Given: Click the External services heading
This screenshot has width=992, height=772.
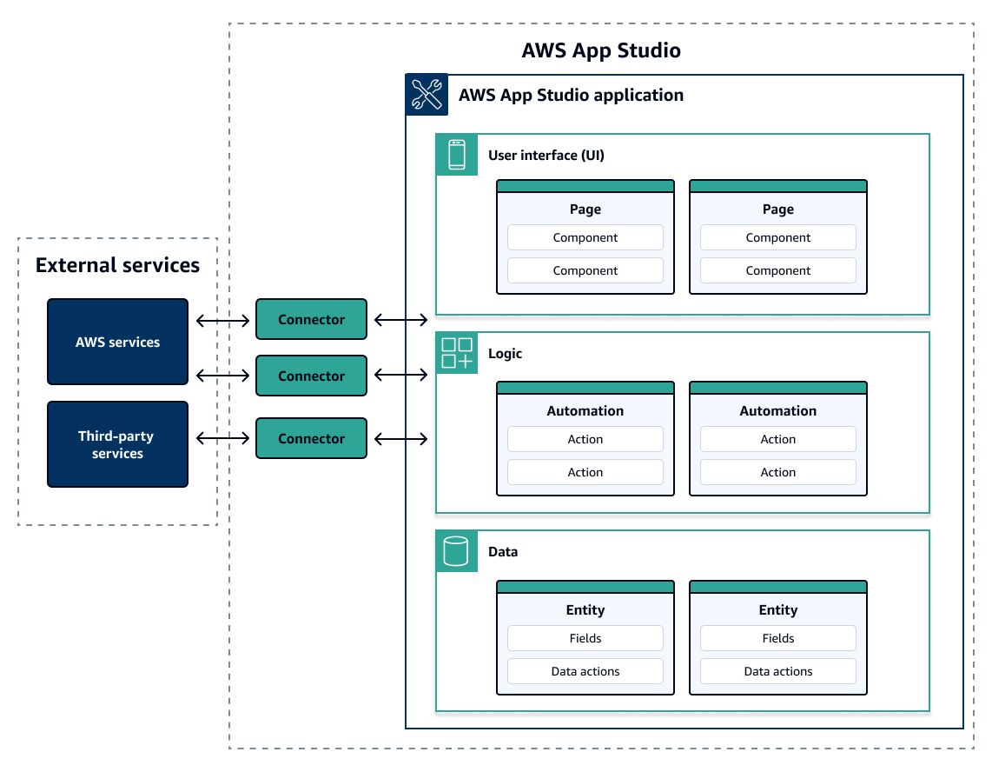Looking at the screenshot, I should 117,265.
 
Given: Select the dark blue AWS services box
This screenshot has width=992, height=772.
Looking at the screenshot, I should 117,342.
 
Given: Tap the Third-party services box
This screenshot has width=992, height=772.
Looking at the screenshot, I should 117,444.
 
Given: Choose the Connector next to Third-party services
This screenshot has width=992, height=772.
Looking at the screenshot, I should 311,439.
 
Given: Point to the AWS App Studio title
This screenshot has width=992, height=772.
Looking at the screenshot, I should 601,50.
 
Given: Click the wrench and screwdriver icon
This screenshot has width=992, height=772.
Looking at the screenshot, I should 427,95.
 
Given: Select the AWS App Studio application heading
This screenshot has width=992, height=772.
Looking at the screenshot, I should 571,96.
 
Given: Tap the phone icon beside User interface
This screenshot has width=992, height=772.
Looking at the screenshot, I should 456,155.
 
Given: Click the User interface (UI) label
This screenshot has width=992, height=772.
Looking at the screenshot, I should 546,156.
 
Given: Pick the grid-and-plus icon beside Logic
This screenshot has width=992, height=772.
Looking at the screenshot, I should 456,354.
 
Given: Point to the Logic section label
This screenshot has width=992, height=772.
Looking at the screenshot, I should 505,354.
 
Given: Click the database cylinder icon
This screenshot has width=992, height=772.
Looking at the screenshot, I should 456,551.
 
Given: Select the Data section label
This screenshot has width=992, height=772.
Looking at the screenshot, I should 503,552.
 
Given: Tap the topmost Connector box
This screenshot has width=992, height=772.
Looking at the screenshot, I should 311,320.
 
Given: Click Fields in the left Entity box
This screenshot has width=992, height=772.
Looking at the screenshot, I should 585,638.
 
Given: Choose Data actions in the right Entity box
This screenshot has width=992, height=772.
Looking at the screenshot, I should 777,671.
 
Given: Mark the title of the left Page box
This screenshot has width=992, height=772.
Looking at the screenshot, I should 585,210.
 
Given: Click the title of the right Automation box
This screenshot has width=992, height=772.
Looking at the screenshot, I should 777,411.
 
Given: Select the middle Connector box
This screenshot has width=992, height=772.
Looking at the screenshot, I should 311,376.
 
